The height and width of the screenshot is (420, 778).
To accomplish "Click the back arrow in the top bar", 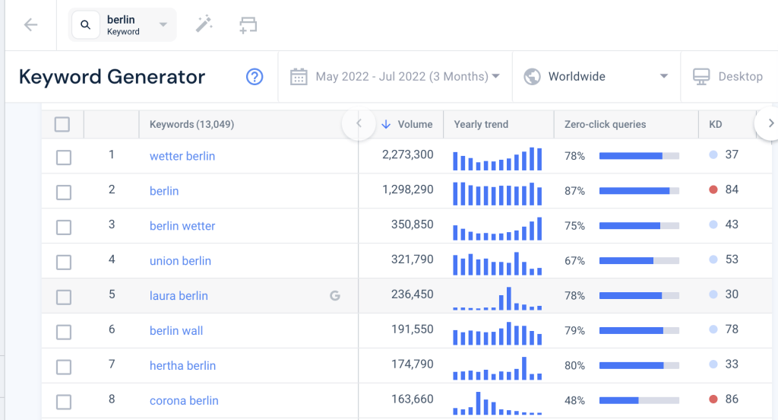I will pyautogui.click(x=30, y=25).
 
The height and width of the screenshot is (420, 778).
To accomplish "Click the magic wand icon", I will pyautogui.click(x=204, y=25).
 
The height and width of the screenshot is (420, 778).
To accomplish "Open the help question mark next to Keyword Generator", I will pyautogui.click(x=255, y=77).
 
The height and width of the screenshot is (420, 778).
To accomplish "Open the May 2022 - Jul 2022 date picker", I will pyautogui.click(x=395, y=77).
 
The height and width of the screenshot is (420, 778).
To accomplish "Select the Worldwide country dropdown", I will pyautogui.click(x=596, y=77).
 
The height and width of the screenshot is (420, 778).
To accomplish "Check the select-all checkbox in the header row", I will pyautogui.click(x=62, y=124).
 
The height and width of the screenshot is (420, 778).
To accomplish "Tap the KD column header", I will pyautogui.click(x=716, y=124).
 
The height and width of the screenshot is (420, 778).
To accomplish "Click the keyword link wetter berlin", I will pyautogui.click(x=182, y=156).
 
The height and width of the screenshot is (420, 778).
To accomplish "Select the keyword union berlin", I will pyautogui.click(x=180, y=261).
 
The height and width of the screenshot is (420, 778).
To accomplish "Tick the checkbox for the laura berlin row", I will pyautogui.click(x=64, y=296).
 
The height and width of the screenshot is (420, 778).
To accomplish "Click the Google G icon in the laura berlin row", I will pyautogui.click(x=334, y=296).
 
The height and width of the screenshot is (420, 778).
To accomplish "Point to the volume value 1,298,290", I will pyautogui.click(x=408, y=190).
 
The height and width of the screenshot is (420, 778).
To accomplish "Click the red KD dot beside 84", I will pyautogui.click(x=713, y=189).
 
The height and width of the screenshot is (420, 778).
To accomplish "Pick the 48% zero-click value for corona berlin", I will pyautogui.click(x=574, y=401).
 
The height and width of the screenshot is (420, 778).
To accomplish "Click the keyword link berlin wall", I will pyautogui.click(x=176, y=331).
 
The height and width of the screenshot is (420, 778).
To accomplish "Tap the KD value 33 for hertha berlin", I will pyautogui.click(x=731, y=364).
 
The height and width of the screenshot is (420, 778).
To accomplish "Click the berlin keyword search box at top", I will pyautogui.click(x=122, y=25).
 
